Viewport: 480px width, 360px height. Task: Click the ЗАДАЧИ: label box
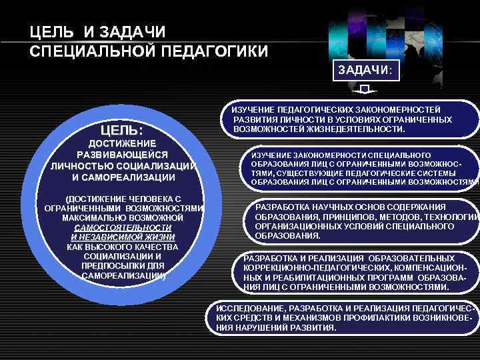coord(365,70)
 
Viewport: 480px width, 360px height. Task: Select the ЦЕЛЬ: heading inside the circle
coord(122,128)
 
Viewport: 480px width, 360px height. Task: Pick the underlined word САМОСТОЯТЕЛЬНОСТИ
coord(123,227)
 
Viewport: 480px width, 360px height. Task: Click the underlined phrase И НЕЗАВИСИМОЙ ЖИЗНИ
coord(123,237)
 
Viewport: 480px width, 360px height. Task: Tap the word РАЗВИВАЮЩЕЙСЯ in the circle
coord(122,155)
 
